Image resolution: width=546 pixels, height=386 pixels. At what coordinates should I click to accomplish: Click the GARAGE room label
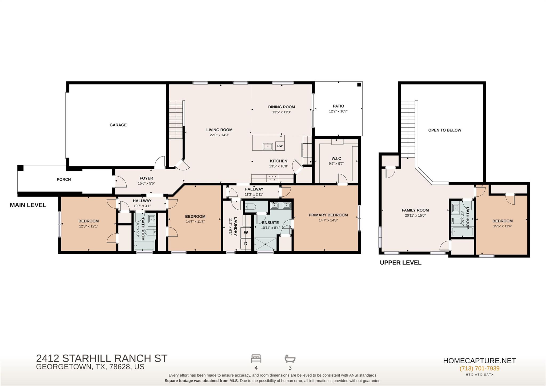[118, 125]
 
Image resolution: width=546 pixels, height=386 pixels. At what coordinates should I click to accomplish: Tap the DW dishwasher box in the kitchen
[280, 146]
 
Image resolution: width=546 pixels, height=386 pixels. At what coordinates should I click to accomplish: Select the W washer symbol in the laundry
[246, 232]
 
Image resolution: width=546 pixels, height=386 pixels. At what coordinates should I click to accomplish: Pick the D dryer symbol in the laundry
[246, 244]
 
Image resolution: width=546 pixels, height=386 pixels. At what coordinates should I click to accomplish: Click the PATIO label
[339, 106]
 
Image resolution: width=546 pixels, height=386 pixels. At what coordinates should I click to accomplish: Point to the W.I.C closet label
[336, 158]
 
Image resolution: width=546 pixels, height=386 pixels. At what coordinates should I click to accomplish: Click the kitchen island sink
[268, 146]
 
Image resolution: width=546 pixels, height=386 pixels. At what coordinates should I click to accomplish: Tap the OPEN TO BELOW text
[445, 130]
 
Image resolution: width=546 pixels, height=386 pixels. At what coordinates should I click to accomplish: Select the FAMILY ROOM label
[415, 210]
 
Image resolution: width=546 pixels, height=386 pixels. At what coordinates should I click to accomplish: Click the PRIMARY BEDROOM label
[328, 215]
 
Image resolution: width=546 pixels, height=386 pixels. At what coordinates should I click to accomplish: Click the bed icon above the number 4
[256, 359]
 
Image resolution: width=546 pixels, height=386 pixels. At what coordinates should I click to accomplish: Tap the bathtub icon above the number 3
[290, 359]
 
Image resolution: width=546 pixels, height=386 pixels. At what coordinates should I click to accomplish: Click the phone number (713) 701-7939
[479, 368]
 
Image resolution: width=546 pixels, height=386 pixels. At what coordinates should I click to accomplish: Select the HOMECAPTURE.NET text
[479, 361]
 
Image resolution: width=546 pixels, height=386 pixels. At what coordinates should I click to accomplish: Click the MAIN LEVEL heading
[28, 205]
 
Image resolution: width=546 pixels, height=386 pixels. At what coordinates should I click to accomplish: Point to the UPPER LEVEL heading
[401, 262]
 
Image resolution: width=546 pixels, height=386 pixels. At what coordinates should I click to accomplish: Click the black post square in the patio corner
[359, 85]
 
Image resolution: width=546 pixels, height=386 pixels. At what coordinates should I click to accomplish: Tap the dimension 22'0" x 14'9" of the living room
[219, 135]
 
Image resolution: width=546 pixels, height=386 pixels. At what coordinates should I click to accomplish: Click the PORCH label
[64, 180]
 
